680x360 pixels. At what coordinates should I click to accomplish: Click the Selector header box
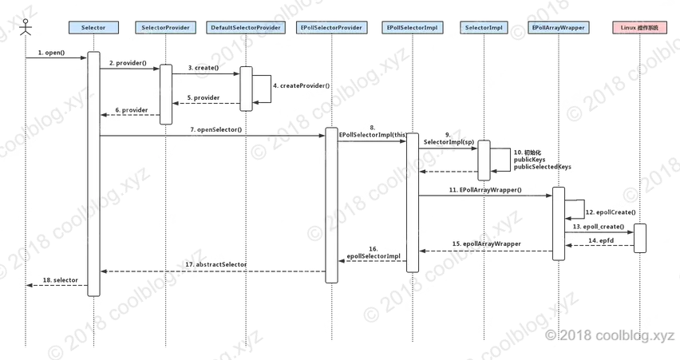[93, 27]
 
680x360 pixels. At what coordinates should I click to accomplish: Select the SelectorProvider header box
[166, 27]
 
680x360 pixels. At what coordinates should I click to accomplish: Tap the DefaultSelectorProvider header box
[246, 27]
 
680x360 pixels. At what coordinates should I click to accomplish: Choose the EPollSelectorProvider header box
[331, 27]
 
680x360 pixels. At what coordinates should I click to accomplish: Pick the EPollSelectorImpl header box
[412, 27]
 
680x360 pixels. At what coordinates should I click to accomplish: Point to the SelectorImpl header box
[484, 27]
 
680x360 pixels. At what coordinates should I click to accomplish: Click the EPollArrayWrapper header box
[558, 27]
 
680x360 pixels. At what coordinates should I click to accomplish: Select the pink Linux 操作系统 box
[639, 27]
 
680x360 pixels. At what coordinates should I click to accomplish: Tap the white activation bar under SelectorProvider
[166, 94]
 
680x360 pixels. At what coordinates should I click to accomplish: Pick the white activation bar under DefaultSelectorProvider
[247, 88]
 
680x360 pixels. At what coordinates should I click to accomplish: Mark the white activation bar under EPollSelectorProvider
[331, 204]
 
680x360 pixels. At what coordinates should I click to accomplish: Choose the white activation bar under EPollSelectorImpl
[412, 202]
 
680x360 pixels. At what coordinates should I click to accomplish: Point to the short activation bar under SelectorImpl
[484, 160]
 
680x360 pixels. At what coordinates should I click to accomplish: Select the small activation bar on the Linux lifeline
[639, 238]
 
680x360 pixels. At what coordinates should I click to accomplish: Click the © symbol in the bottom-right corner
[552, 336]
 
